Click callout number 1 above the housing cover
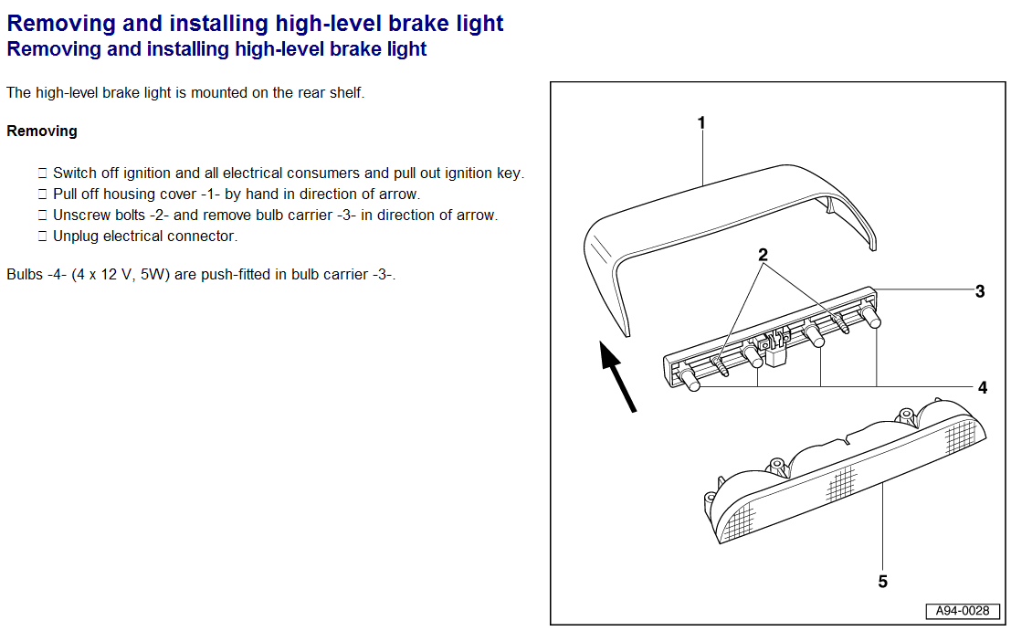(701, 122)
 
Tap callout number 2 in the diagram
(763, 255)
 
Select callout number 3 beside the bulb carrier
(980, 291)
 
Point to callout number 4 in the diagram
(983, 387)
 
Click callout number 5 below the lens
(882, 582)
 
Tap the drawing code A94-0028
(963, 611)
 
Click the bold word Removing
(42, 131)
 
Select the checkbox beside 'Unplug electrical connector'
(42, 237)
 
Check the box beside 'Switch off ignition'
(42, 174)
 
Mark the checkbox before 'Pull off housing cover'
(42, 195)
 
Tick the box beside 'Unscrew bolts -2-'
(42, 216)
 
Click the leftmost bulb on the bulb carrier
(690, 380)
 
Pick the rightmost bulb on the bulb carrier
(871, 316)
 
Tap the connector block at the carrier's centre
(777, 350)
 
